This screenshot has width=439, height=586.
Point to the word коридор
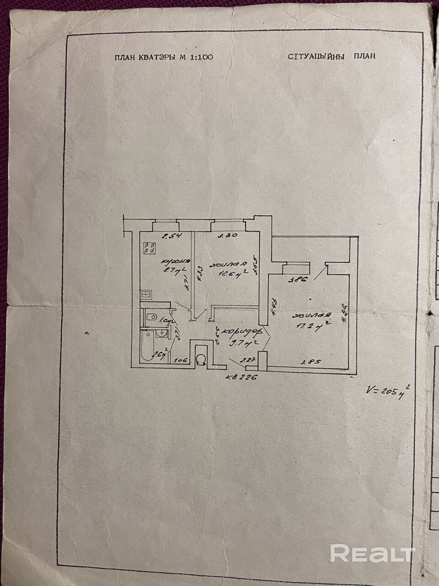coord(238,334)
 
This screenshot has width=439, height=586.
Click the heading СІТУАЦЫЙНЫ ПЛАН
coord(332,56)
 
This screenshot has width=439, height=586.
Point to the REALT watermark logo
coord(372,553)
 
